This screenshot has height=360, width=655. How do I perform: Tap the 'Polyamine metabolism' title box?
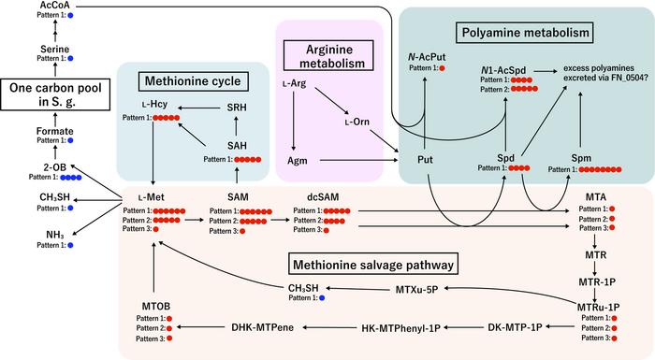click(x=526, y=35)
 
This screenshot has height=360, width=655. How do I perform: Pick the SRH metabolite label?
click(x=239, y=108)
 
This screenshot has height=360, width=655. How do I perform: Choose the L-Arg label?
click(x=296, y=85)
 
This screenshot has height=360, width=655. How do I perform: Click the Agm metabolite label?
click(x=297, y=161)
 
